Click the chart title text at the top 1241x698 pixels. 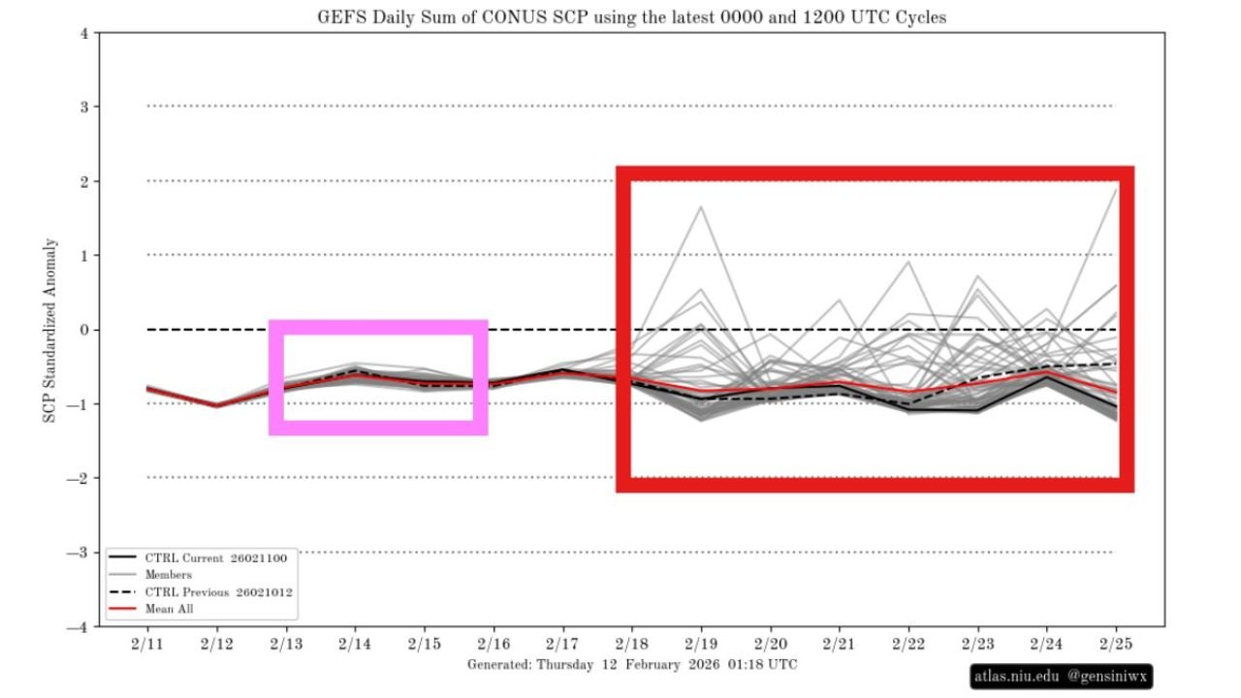(631, 17)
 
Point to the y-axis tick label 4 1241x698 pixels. (84, 33)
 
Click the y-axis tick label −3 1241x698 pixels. (80, 553)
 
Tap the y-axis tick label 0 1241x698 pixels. (84, 330)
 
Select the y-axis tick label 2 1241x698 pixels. (84, 181)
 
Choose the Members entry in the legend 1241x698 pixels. (169, 575)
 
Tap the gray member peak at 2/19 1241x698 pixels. (701, 206)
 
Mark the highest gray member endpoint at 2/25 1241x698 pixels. (1117, 190)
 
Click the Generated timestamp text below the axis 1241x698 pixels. (632, 664)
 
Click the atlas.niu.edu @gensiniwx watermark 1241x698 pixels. (1062, 676)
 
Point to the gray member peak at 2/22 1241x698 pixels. (908, 262)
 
